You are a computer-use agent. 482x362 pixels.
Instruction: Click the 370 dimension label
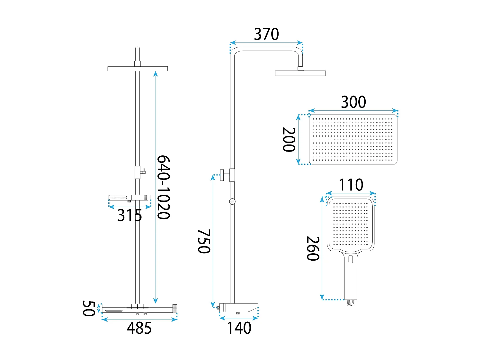coord(266,34)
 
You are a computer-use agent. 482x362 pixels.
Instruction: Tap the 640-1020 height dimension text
coord(163,187)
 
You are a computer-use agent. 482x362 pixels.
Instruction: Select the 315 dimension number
coord(129,215)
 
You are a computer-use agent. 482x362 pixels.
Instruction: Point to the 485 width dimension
coord(139,328)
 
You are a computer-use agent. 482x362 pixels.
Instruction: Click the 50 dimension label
coord(89,309)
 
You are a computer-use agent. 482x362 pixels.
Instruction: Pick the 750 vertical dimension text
coord(204,241)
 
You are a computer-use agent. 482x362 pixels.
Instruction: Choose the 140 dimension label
coord(239,328)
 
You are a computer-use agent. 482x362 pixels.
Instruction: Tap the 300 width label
coord(353,102)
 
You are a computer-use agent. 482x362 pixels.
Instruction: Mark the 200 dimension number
coord(289,140)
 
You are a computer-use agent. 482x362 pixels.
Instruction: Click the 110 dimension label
coord(351,185)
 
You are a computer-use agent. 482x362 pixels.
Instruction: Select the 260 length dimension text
coord(313,248)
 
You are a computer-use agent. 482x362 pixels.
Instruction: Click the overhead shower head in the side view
coord(300,73)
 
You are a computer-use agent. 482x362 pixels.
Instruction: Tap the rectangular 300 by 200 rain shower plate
coord(353,139)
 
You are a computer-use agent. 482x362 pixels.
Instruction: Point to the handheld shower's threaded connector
coord(350,302)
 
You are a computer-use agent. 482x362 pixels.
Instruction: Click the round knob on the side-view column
coord(222,175)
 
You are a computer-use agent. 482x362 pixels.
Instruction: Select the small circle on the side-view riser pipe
coord(232,201)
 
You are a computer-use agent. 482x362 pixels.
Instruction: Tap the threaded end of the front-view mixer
coord(175,308)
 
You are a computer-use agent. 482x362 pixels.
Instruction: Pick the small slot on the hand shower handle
coord(350,259)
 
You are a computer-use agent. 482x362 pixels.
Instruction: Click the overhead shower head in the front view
coord(138,69)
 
